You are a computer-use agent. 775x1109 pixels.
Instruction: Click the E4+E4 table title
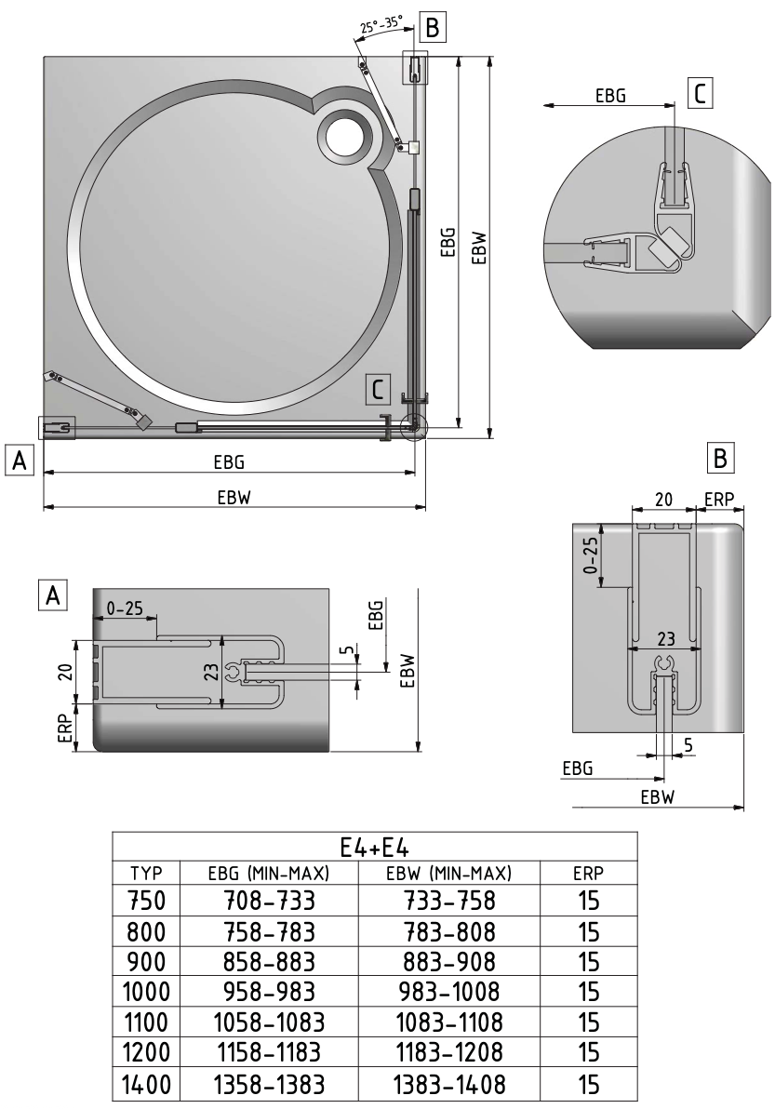click(x=375, y=847)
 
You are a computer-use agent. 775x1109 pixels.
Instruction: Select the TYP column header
click(x=146, y=873)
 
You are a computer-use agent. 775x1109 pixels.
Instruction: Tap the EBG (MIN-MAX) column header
click(x=269, y=874)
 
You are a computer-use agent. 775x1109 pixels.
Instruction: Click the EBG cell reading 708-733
click(x=270, y=901)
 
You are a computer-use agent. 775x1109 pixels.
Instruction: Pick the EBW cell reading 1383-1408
click(x=449, y=1084)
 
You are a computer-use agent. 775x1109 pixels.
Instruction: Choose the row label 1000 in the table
click(x=146, y=993)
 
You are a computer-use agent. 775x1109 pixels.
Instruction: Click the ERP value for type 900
click(x=588, y=962)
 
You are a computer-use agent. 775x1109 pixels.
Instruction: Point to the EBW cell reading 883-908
click(x=449, y=962)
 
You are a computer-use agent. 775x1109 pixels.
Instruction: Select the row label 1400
click(x=146, y=1084)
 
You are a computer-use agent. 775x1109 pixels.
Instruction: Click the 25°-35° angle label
click(x=381, y=25)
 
